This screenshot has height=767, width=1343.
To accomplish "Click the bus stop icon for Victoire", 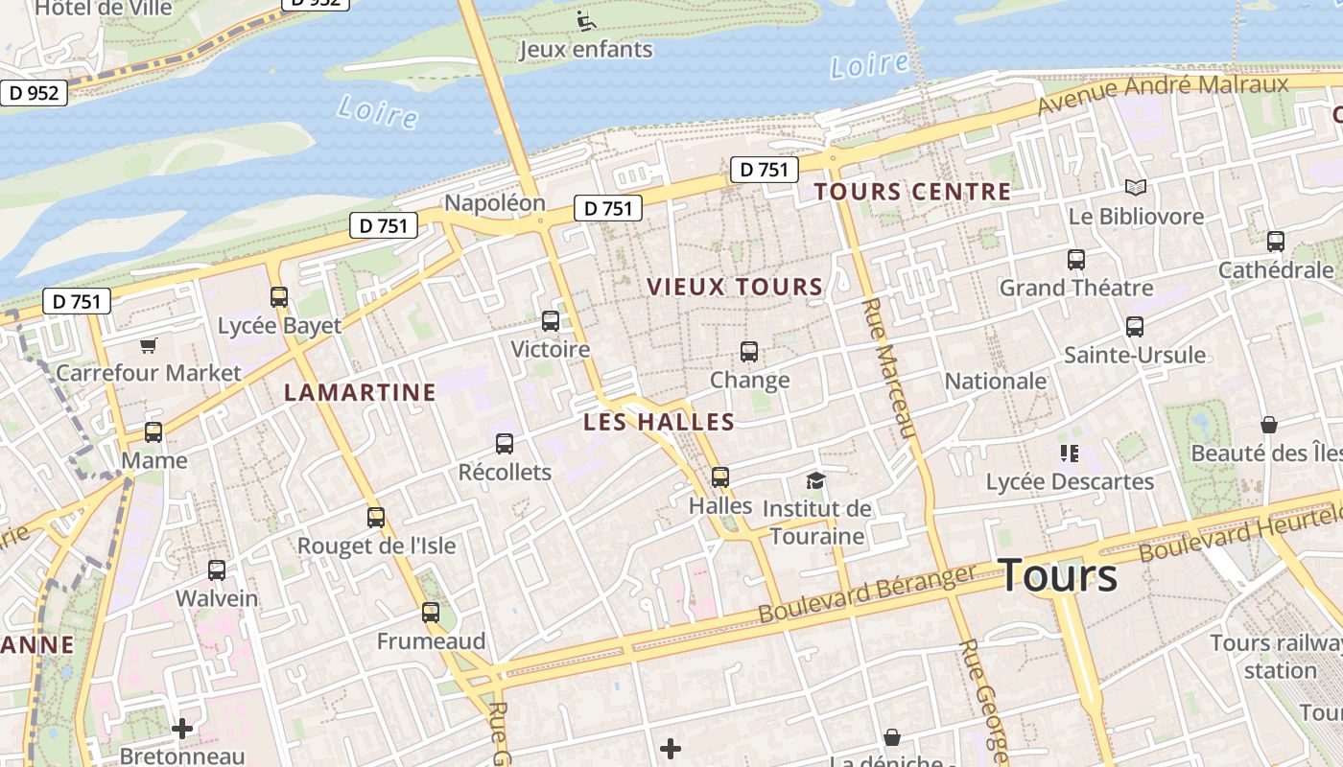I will [x=551, y=321].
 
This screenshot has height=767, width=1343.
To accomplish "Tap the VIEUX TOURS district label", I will [x=735, y=287].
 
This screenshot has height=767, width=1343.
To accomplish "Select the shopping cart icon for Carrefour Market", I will [x=148, y=345].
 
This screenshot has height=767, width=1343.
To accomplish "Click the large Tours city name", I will [x=1058, y=575].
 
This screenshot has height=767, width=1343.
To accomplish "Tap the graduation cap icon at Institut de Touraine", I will [x=815, y=480].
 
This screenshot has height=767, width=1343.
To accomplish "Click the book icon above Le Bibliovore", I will [x=1136, y=188].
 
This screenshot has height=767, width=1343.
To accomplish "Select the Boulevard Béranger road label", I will [x=866, y=593].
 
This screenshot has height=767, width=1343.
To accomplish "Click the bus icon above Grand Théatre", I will [x=1076, y=259].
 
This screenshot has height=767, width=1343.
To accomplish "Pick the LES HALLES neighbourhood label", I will [x=659, y=422].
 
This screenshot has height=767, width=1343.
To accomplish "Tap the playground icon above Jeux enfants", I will [x=585, y=20].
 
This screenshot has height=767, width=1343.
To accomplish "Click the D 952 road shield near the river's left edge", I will [x=35, y=93].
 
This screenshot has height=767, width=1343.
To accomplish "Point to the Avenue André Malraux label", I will [x=1165, y=92].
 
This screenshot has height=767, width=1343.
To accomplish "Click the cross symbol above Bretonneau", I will [x=182, y=729].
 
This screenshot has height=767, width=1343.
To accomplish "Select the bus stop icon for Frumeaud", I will [x=431, y=612].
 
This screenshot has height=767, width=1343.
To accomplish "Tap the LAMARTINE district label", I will [x=361, y=392].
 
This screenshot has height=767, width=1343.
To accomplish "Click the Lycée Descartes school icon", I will [x=1070, y=453].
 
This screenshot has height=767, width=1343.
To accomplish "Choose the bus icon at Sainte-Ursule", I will [x=1135, y=327].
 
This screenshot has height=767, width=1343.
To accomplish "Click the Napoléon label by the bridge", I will [x=494, y=203].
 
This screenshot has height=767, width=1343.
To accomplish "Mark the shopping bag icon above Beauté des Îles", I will [x=1269, y=425].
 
